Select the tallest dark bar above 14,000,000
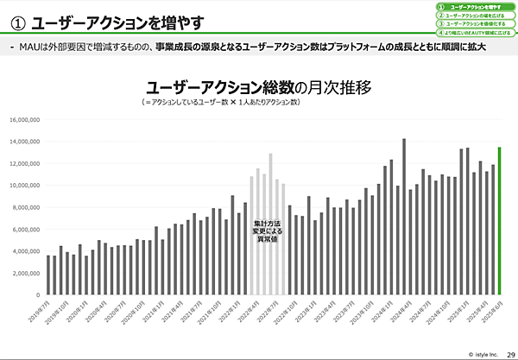403,216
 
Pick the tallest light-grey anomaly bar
270,224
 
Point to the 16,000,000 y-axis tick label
22,119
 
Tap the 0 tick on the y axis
35,295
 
